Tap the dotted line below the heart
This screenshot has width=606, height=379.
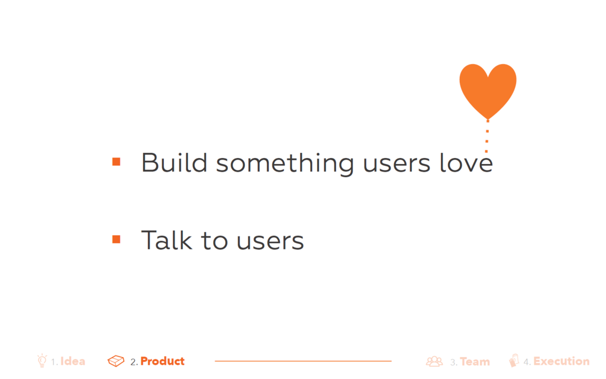(x=487, y=136)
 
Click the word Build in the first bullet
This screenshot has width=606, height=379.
(x=174, y=162)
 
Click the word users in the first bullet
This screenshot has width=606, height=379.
(x=397, y=164)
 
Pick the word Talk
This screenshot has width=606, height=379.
(x=166, y=240)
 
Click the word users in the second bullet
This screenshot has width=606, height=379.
(x=270, y=242)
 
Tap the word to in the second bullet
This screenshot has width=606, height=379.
(x=214, y=240)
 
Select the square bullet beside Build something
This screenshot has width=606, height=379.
(x=117, y=162)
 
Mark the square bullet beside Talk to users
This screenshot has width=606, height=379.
(x=117, y=239)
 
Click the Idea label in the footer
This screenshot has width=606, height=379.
(x=73, y=361)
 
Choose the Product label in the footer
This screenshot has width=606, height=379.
(x=162, y=361)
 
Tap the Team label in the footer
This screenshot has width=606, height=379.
(x=475, y=362)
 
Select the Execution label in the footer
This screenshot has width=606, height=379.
(x=562, y=361)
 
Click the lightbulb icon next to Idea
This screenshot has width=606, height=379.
(x=42, y=360)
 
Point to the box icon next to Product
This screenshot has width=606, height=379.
(x=116, y=361)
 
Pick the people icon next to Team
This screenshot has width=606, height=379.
(x=434, y=361)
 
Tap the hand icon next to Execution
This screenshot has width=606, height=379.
(x=514, y=360)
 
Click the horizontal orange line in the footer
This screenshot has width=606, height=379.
(x=303, y=361)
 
